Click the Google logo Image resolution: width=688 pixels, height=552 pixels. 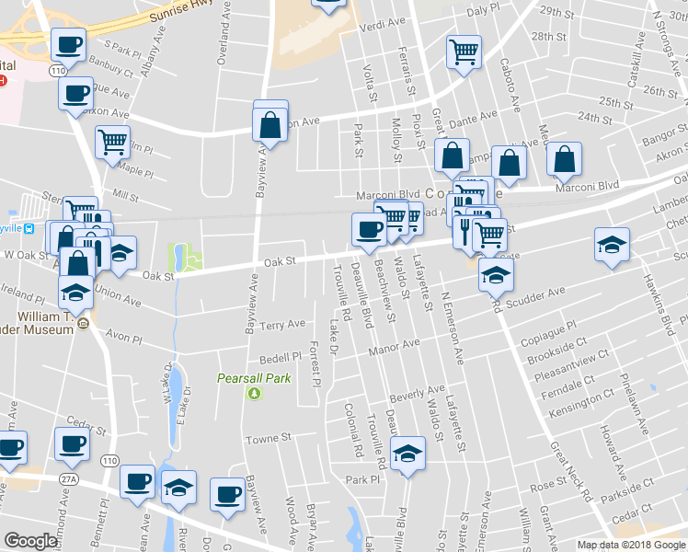click(x=30, y=541)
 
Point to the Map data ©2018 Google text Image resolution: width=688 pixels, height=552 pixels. click(x=631, y=545)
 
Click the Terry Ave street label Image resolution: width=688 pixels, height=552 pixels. click(x=282, y=325)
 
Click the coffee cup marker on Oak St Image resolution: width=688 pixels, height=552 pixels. click(x=370, y=230)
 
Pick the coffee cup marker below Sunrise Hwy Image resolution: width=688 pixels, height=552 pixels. click(x=68, y=43)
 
